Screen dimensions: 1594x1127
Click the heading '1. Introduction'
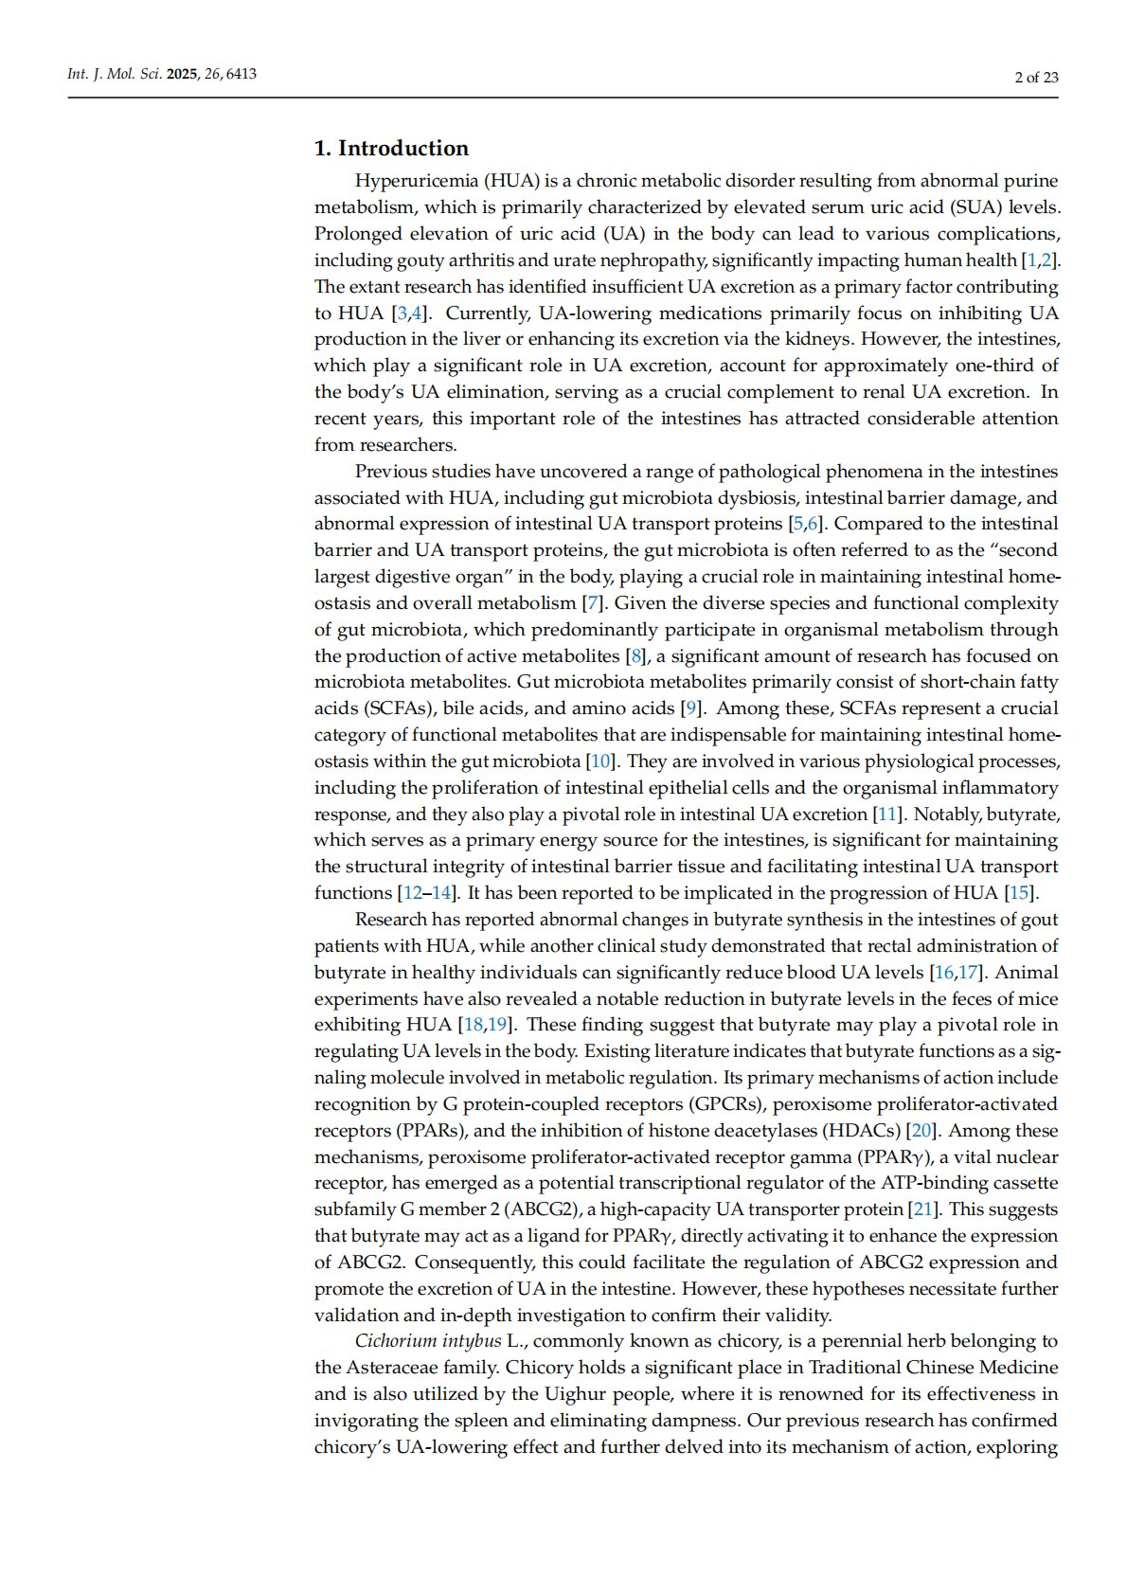391,149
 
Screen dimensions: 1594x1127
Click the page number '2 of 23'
1036,78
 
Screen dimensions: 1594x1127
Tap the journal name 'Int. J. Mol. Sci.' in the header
115,74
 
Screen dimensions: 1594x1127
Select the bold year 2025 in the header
183,74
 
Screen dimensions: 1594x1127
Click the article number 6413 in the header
241,74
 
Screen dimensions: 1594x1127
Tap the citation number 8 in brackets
635,656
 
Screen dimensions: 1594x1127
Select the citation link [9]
693,708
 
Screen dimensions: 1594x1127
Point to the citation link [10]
600,761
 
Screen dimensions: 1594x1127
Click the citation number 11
886,815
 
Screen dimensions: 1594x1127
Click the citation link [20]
921,1131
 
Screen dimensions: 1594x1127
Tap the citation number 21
921,1209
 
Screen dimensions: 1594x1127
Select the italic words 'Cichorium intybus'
428,1341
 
